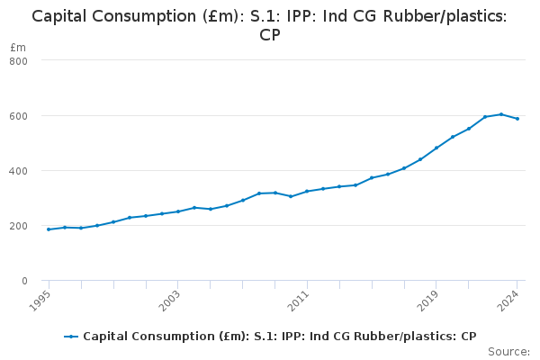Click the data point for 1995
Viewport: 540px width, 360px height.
[49, 229]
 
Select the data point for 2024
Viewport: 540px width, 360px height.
[517, 119]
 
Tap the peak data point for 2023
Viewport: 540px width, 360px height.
[501, 114]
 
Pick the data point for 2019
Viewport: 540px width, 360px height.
[436, 148]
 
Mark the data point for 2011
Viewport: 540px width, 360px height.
[307, 191]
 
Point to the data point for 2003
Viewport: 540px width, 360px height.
[178, 211]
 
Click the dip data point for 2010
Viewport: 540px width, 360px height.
[291, 196]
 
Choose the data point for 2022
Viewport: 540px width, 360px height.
[485, 117]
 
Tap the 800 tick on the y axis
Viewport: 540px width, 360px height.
[19, 60]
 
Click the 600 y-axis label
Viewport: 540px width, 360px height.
[19, 116]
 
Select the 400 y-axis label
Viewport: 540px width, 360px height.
[19, 171]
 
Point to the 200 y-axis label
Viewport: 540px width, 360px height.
[19, 226]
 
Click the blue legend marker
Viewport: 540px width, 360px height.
[71, 337]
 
